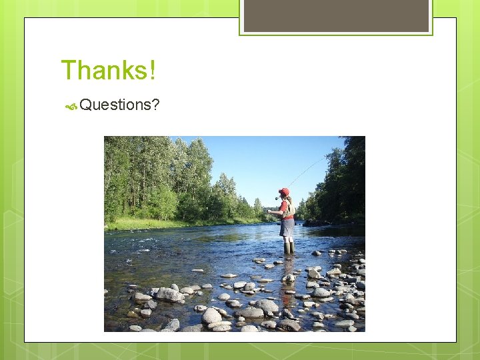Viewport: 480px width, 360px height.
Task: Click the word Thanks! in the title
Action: (108, 70)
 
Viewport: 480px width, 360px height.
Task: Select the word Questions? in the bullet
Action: (119, 105)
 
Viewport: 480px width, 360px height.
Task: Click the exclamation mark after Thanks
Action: (153, 70)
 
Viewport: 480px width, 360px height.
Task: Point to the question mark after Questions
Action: (155, 105)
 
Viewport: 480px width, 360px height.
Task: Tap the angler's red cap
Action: (285, 192)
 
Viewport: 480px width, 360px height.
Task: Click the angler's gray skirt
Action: (287, 228)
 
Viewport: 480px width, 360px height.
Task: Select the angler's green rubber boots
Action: (288, 247)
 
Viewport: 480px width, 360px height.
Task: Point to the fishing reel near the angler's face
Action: (277, 198)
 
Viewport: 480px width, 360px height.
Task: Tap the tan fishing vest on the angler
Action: (289, 209)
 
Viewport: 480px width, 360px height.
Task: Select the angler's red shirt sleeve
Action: (283, 206)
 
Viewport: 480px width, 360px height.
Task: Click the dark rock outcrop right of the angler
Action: (317, 223)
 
